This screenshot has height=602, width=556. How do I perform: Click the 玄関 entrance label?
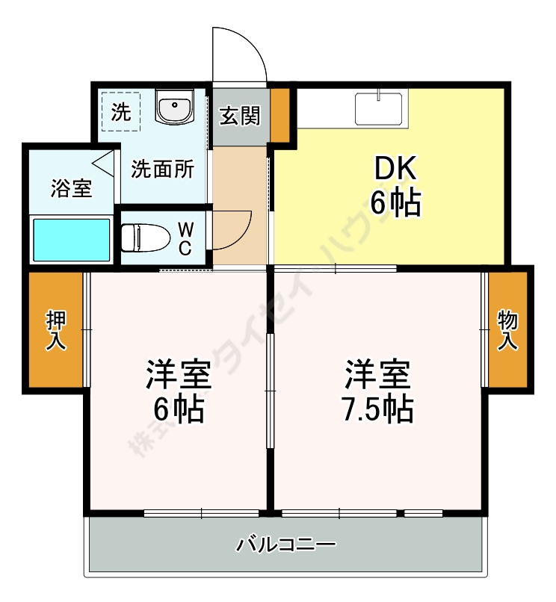(x=240, y=116)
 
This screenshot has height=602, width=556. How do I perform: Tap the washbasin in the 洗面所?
(x=175, y=107)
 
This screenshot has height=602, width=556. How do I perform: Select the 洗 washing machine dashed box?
(x=120, y=112)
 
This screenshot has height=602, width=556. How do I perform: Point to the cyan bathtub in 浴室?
(x=71, y=239)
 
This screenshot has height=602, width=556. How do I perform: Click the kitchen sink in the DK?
(x=380, y=108)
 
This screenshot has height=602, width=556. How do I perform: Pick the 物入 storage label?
(x=508, y=330)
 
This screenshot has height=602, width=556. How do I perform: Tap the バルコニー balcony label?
(x=287, y=544)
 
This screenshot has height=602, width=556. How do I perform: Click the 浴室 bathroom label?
(x=72, y=188)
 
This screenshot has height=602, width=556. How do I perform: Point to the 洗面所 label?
(x=163, y=170)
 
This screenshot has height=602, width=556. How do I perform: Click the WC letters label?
(x=185, y=238)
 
